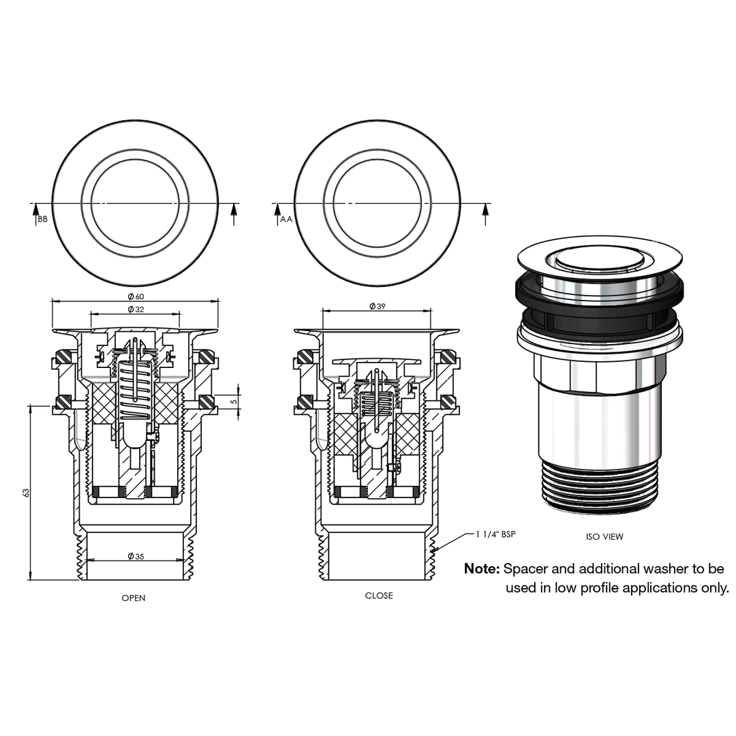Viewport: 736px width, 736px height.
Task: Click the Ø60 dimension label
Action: [x=136, y=296]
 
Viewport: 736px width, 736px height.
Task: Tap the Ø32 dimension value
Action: [x=136, y=309]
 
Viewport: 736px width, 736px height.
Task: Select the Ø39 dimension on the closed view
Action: [x=378, y=307]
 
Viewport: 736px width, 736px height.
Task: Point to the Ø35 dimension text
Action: [x=136, y=556]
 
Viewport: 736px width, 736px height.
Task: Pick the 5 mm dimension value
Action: [x=233, y=401]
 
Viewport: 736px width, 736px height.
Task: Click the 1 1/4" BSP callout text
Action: [x=495, y=534]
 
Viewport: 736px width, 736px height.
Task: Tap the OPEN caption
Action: [x=134, y=598]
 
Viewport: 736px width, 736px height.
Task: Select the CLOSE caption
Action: [x=379, y=596]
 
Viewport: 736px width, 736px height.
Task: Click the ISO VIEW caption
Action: [x=604, y=537]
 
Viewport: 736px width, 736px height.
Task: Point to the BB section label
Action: [x=43, y=219]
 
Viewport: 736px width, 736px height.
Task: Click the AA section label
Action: [x=286, y=219]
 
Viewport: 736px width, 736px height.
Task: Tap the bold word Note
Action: [x=482, y=569]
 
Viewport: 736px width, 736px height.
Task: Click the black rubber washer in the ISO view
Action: [x=600, y=290]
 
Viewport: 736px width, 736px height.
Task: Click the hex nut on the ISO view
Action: [x=600, y=371]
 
